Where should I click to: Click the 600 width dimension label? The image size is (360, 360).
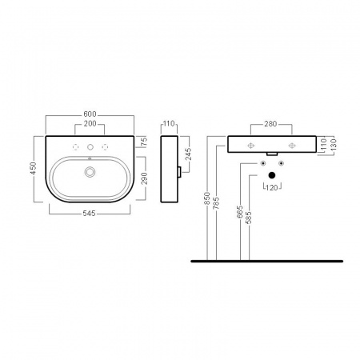(90, 114)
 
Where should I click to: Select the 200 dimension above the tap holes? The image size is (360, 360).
(90, 124)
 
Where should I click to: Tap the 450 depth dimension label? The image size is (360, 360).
(33, 168)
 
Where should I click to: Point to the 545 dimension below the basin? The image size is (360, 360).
(89, 214)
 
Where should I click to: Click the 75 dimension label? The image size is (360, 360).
(144, 141)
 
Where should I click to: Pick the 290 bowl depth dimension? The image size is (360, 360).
(144, 178)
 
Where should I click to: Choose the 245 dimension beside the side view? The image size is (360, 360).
(188, 154)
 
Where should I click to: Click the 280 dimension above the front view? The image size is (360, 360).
(270, 124)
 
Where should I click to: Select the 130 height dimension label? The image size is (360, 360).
(334, 144)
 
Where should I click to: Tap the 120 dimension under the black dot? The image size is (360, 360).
(272, 188)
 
